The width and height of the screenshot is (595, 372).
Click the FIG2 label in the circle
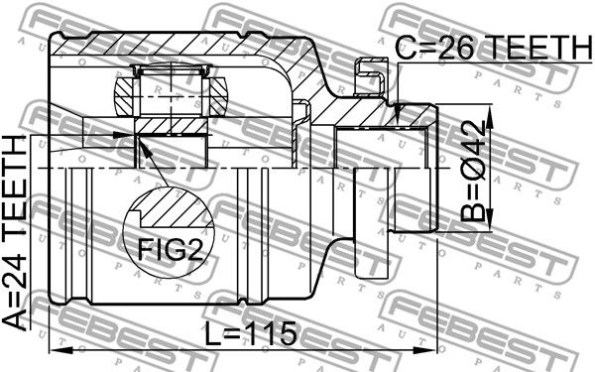tap(171, 250)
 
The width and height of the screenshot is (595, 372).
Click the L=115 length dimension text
tap(251, 333)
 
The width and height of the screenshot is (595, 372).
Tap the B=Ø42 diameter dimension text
tap(473, 171)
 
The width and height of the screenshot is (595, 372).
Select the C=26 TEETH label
tap(494, 48)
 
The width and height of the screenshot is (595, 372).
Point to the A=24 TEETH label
tap(15, 232)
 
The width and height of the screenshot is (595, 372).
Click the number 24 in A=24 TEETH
tap(15, 274)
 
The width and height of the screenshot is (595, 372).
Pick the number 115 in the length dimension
tap(272, 333)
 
